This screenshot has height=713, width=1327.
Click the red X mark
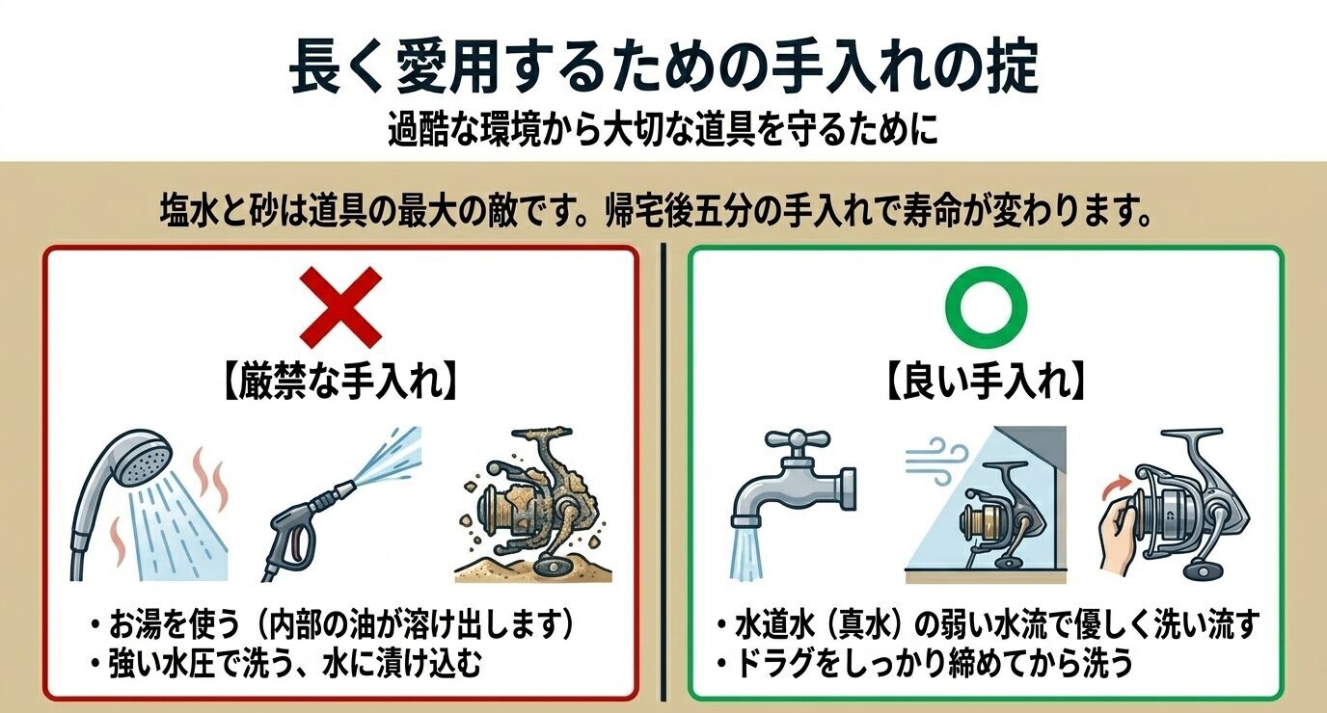point(339,307)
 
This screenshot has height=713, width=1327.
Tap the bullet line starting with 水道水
point(988,626)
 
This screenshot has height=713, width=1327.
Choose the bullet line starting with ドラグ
point(926,664)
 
